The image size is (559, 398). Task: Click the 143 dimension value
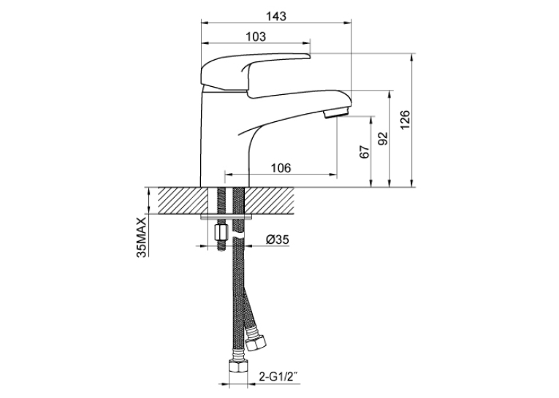pyautogui.click(x=276, y=16)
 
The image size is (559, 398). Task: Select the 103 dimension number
pyautogui.click(x=256, y=37)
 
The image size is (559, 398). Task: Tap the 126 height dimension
pyautogui.click(x=406, y=120)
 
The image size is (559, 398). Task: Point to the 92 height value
pyautogui.click(x=382, y=139)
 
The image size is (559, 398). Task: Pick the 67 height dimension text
pyautogui.click(x=364, y=152)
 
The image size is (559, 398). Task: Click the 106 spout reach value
pyautogui.click(x=281, y=168)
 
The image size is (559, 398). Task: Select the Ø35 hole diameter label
pyautogui.click(x=278, y=240)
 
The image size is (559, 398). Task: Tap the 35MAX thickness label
pyautogui.click(x=142, y=237)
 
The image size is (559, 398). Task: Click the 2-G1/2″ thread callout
pyautogui.click(x=278, y=377)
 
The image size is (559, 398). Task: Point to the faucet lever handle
pyautogui.click(x=246, y=73)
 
